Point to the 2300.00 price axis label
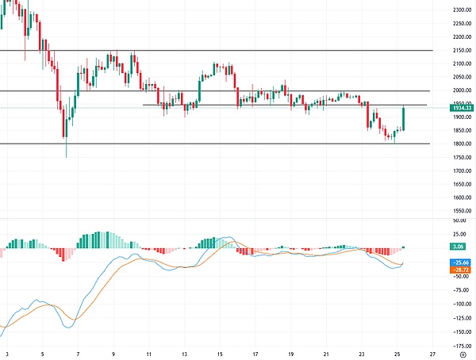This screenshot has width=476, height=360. click(460, 10)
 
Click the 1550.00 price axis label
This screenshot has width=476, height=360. click(460, 211)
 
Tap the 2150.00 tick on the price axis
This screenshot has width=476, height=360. click(460, 50)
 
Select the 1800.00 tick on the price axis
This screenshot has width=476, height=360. click(460, 144)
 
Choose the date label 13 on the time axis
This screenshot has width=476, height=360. click(184, 354)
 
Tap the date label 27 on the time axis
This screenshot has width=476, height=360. click(432, 354)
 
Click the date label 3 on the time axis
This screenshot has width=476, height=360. click(8, 354)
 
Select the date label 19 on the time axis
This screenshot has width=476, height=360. click(290, 354)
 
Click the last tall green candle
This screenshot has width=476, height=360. click(404, 119)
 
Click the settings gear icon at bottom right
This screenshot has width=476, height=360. click(462, 354)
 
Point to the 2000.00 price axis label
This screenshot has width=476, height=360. click(460, 90)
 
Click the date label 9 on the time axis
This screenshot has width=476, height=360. click(113, 354)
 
